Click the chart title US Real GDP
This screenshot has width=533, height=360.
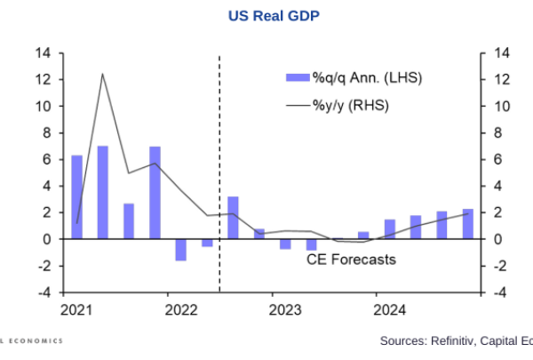[x=269, y=15]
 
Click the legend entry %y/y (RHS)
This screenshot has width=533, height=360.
[x=351, y=106]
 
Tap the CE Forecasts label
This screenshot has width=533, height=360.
[x=351, y=260]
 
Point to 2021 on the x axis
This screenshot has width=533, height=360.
[x=76, y=310]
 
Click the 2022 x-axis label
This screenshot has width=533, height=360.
[x=181, y=310]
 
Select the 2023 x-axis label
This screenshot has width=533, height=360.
[x=286, y=310]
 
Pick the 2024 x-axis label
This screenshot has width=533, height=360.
[x=391, y=310]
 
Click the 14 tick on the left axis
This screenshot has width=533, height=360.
[x=43, y=53]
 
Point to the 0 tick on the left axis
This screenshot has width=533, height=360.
[x=46, y=239]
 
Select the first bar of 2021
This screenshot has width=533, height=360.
[x=76, y=197]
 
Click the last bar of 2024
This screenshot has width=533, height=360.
[x=467, y=224]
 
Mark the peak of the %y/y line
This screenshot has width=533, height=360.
[x=103, y=74]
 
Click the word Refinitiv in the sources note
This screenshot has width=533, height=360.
[x=444, y=340]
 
